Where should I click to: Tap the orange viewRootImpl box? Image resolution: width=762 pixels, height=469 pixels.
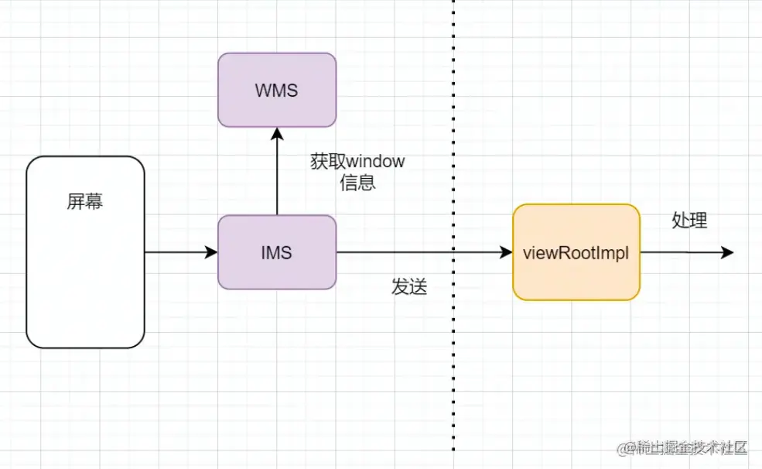(x=576, y=252)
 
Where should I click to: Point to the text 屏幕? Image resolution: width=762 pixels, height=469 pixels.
(x=85, y=202)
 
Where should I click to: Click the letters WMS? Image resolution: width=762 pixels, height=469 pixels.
(x=277, y=91)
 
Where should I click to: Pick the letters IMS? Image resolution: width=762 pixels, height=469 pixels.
(x=277, y=252)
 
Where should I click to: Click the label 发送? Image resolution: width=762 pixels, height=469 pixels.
(x=409, y=286)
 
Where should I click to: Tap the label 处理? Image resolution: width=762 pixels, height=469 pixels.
(x=689, y=221)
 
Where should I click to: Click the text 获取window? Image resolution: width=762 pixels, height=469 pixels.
(x=357, y=162)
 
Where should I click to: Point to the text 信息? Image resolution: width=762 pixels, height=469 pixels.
(x=357, y=183)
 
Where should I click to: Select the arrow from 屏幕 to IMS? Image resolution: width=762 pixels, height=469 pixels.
(x=179, y=252)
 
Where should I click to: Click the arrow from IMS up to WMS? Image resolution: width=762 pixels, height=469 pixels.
(x=277, y=174)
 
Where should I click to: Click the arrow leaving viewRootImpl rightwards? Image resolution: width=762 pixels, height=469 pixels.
(x=685, y=252)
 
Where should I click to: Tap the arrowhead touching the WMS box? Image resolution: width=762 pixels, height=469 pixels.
(x=277, y=134)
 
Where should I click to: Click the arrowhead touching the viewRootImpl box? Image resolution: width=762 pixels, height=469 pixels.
(x=507, y=252)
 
